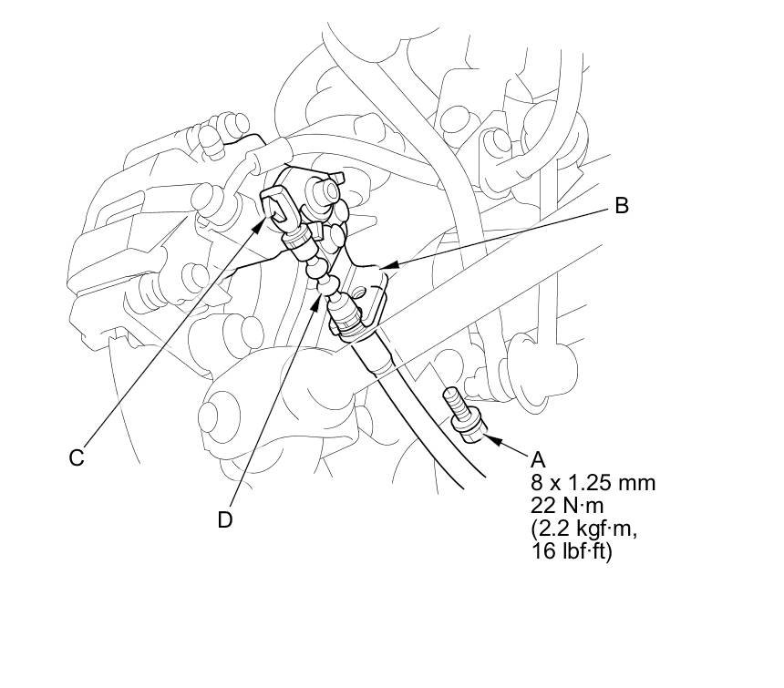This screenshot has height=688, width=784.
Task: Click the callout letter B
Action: [x=621, y=205]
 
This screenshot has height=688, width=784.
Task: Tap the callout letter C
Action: [x=77, y=457]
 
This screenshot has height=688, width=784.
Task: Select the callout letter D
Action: [x=225, y=519]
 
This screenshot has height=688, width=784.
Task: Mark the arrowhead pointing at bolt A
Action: [x=486, y=438]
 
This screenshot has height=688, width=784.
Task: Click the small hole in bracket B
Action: [x=364, y=293]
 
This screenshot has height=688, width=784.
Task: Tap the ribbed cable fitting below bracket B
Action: [x=350, y=320]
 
